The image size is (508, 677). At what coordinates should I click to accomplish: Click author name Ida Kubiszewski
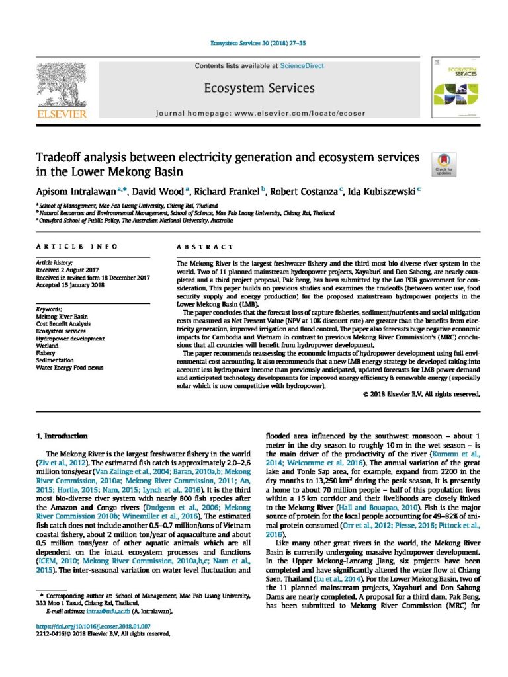[x=383, y=190]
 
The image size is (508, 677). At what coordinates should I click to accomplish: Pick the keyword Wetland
[x=48, y=345]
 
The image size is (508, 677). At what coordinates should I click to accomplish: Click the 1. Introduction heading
[x=62, y=436]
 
